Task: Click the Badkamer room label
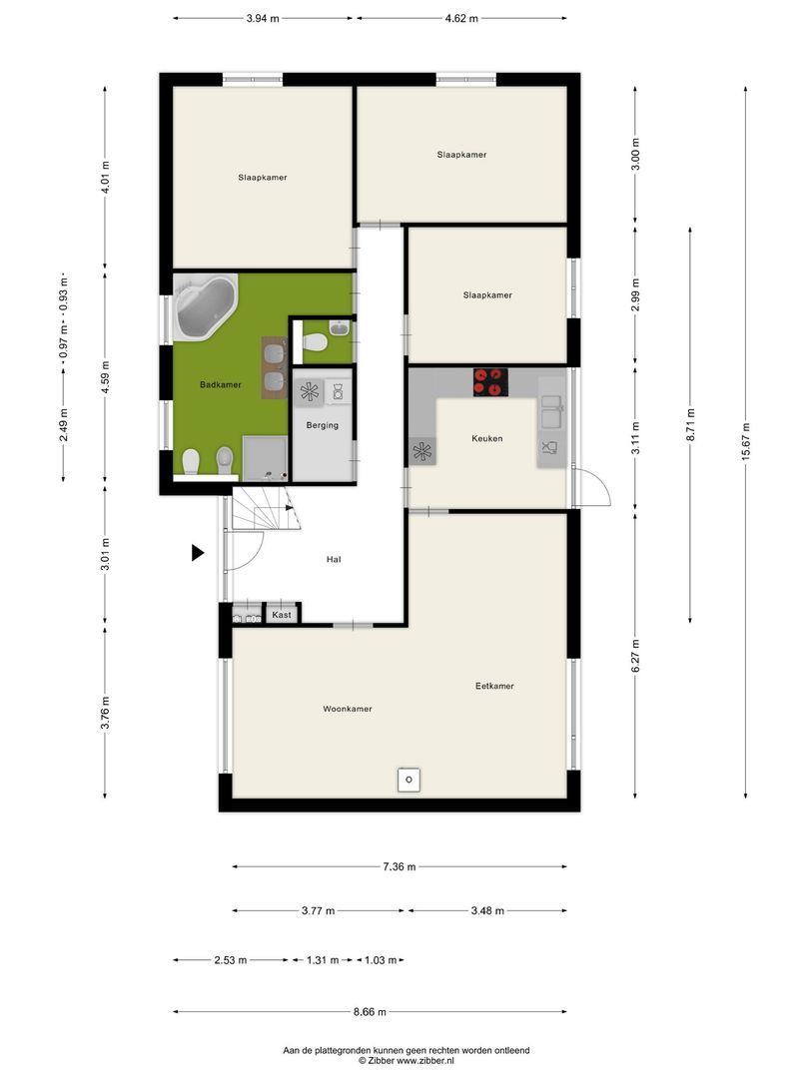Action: tap(220, 385)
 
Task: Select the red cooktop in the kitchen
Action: tap(490, 382)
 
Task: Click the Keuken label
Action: tap(487, 438)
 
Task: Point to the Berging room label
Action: tap(322, 425)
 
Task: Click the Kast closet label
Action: tap(282, 615)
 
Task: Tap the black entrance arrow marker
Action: tap(198, 552)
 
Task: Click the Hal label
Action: tap(334, 560)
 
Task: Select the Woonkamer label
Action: tap(348, 709)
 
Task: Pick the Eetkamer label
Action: tap(494, 686)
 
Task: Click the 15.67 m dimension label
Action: tap(746, 443)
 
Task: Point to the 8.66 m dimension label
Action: tap(371, 1012)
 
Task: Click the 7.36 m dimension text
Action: tap(399, 867)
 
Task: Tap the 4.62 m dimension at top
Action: tap(461, 19)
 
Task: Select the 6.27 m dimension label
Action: tap(635, 656)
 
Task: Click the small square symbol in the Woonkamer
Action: tap(408, 780)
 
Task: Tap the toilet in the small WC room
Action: tap(315, 341)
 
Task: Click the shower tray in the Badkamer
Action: tap(265, 457)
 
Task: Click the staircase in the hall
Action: tap(265, 507)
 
